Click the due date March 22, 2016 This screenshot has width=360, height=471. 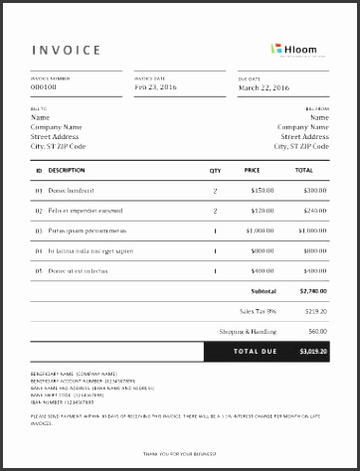tap(266, 86)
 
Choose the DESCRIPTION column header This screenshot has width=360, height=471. tap(66, 170)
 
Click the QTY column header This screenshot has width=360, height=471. tap(215, 170)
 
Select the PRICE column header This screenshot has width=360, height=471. tap(252, 170)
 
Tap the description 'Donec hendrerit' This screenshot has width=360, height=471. tap(71, 189)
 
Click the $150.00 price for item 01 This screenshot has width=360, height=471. tap(262, 189)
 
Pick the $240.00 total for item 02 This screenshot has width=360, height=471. tap(314, 210)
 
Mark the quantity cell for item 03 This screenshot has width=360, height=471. tap(215, 231)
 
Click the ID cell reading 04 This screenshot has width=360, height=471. tap(39, 250)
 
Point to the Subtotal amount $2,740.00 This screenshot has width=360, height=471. tap(312, 292)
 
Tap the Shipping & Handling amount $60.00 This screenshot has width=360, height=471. tap(317, 330)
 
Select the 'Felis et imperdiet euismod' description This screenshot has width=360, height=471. tap(85, 210)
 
